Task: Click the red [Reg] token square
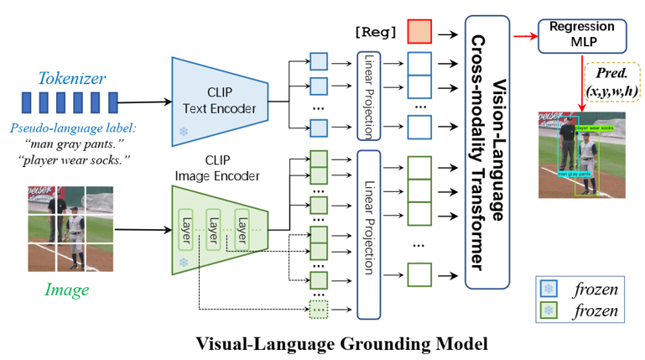pyautogui.click(x=419, y=33)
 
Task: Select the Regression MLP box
pyautogui.click(x=581, y=34)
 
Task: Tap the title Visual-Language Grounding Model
pyautogui.click(x=321, y=343)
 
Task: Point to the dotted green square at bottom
pyautogui.click(x=318, y=309)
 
